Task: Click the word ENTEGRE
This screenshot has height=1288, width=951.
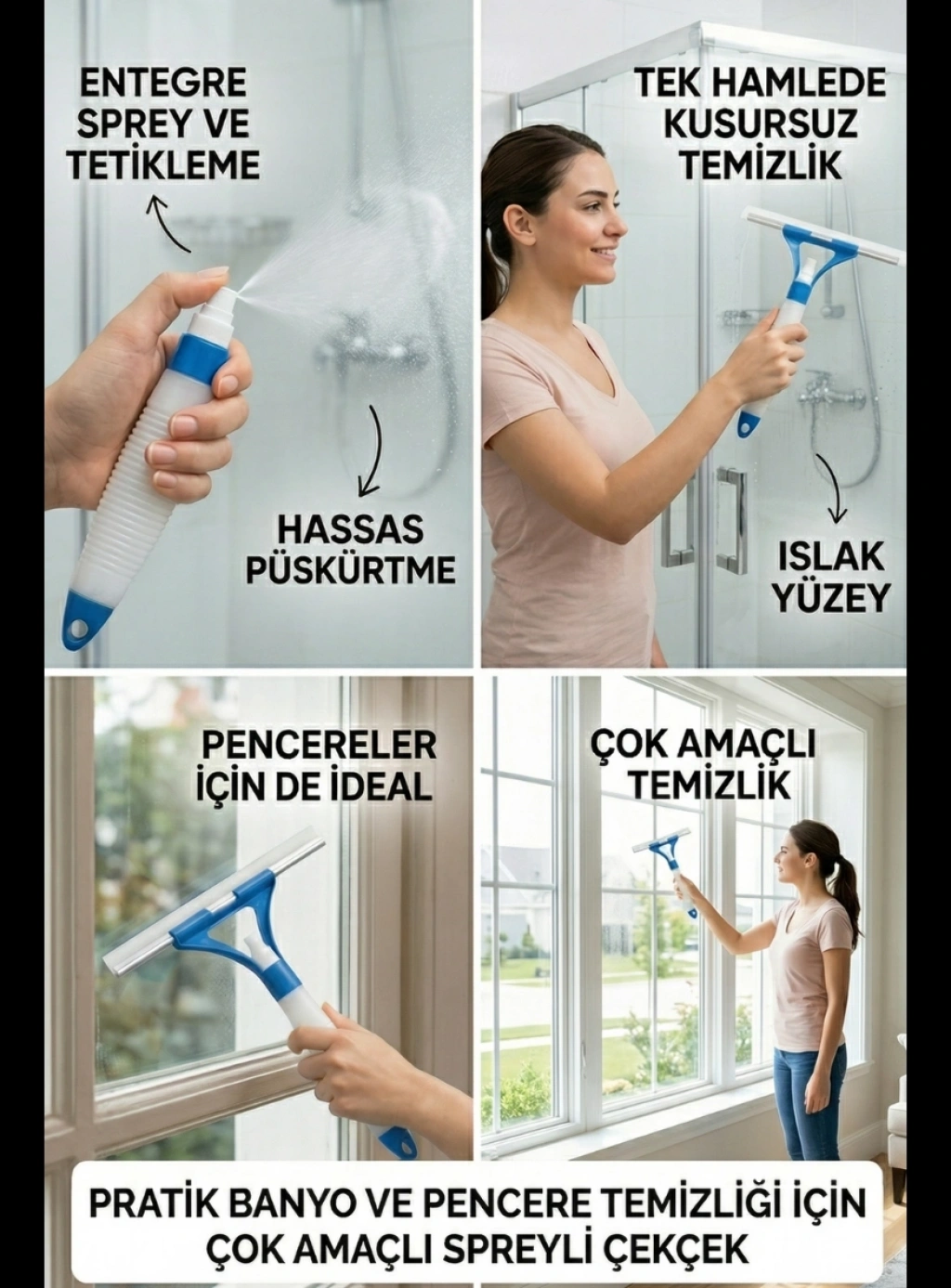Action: [163, 83]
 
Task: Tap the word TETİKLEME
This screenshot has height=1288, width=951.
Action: [163, 165]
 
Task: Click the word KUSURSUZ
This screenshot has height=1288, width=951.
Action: [760, 124]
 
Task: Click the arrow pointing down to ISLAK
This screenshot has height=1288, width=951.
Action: [832, 486]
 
